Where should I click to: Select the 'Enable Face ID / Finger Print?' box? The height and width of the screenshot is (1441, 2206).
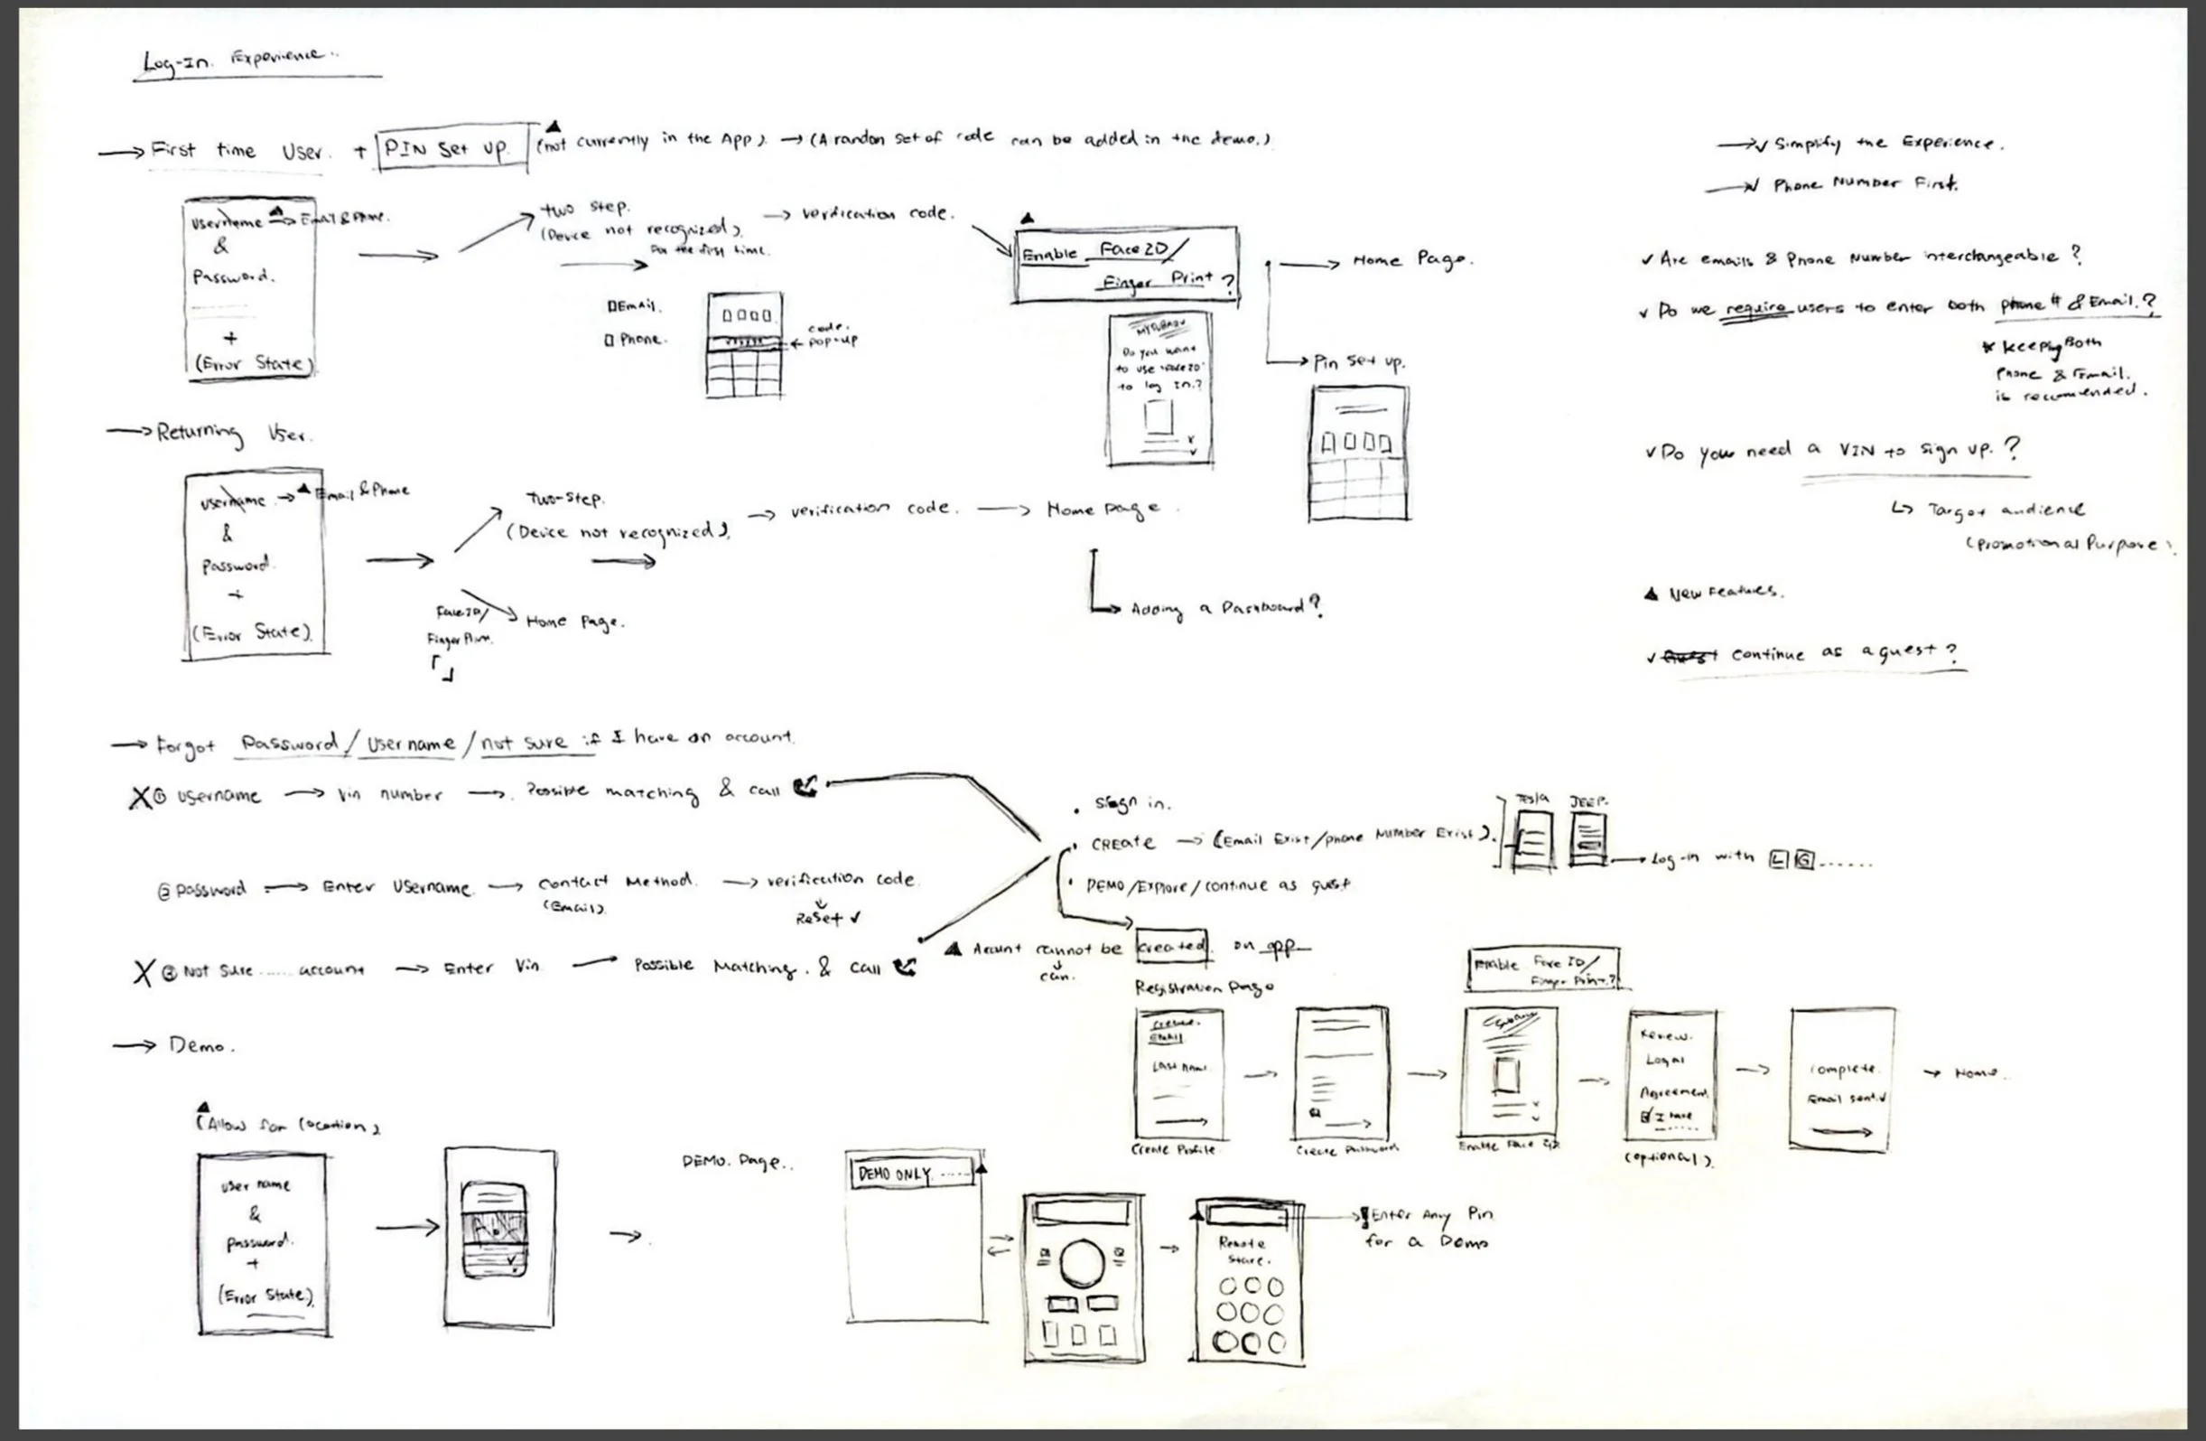tap(1126, 266)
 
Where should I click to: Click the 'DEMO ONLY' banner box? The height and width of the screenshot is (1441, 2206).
tap(912, 1173)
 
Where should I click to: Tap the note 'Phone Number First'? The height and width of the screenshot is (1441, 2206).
tap(1863, 184)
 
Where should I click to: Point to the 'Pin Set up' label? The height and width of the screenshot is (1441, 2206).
tap(1359, 361)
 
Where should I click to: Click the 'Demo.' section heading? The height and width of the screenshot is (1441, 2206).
tap(200, 1046)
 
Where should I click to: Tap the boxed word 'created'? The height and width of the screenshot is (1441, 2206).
tap(1171, 947)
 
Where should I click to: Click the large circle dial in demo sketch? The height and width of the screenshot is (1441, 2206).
tap(1082, 1262)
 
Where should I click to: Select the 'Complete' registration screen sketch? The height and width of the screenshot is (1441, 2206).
tap(1842, 1081)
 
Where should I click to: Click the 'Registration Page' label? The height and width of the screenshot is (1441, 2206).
tap(1204, 988)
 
